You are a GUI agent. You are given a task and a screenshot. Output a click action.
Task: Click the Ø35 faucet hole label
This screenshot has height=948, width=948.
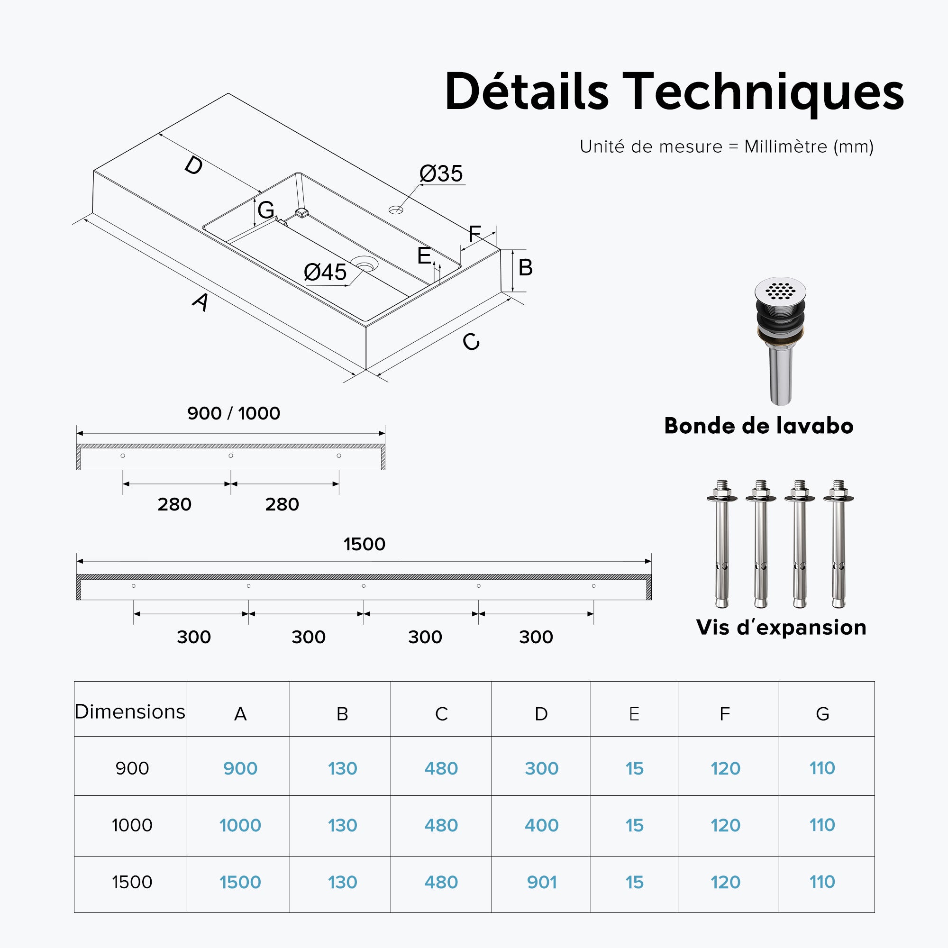441,173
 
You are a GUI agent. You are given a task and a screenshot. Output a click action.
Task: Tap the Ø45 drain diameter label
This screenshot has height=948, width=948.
325,272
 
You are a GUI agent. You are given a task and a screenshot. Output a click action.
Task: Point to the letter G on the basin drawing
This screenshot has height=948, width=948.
266,210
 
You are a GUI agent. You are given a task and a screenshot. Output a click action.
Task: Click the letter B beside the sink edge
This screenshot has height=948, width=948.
526,267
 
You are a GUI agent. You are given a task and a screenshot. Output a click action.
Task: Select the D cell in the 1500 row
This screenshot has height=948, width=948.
542,882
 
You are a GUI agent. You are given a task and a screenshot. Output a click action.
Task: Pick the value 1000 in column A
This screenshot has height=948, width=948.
240,825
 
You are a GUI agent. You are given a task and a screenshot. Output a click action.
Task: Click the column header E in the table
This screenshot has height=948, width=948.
634,714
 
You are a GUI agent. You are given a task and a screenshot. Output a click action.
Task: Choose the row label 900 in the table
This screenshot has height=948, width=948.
132,768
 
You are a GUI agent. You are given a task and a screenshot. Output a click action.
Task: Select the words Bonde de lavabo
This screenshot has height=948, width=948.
758,426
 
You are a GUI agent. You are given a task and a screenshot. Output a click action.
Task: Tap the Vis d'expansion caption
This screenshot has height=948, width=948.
781,627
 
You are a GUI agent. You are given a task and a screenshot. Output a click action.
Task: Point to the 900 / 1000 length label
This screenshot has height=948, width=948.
234,413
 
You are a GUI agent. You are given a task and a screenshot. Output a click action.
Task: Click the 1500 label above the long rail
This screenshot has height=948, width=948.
364,544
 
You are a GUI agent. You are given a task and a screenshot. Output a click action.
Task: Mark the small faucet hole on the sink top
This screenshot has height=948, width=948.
395,210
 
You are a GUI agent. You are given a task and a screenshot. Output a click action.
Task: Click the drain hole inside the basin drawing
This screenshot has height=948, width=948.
364,264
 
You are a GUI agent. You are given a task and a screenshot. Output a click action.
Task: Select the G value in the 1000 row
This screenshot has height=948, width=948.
822,825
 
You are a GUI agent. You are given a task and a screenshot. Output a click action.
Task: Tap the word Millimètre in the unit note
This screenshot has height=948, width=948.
785,146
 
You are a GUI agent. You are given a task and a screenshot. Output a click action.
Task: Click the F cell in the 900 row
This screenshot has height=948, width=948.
725,768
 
